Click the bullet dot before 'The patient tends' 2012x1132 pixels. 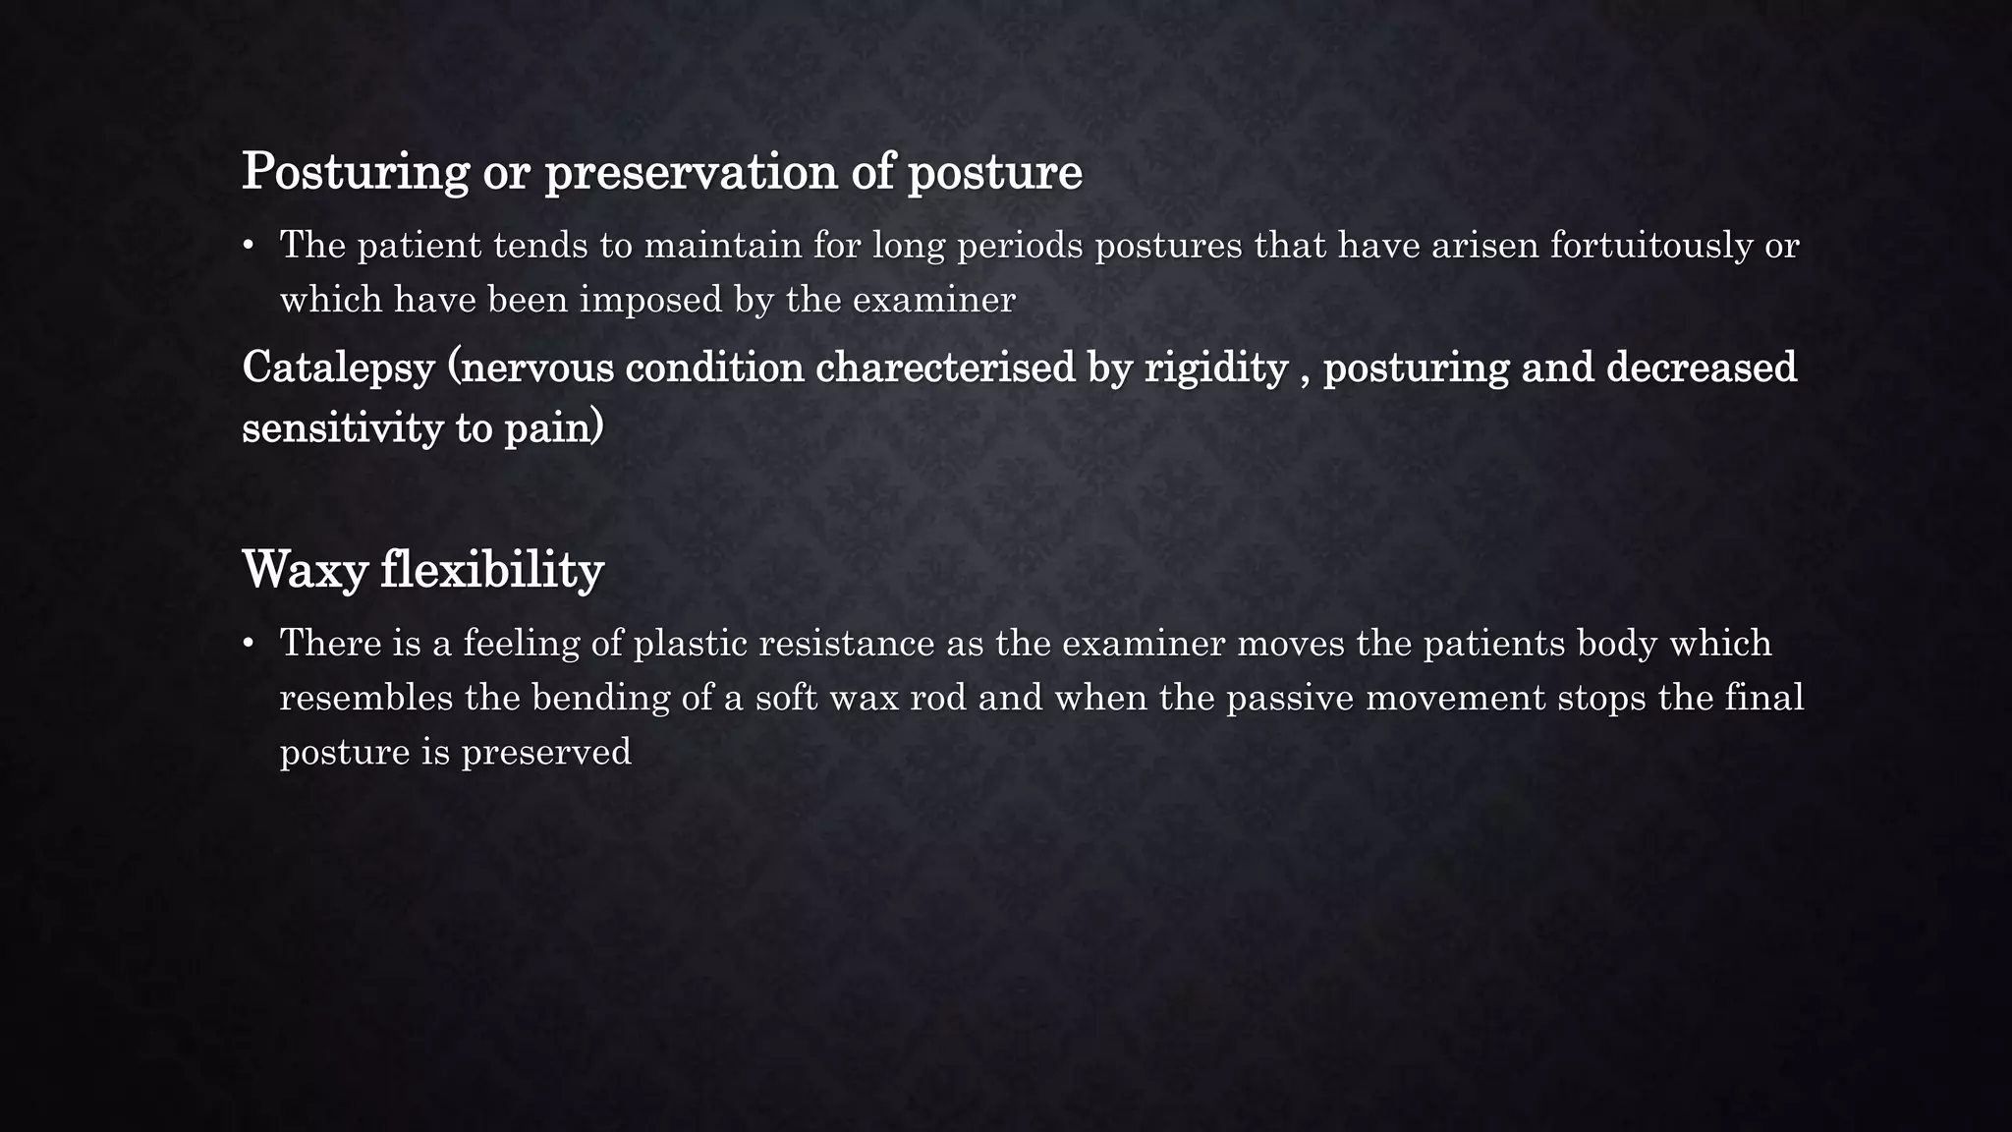(249, 246)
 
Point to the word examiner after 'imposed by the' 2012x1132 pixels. (933, 300)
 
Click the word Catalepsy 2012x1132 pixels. (338, 368)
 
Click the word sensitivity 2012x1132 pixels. (341, 428)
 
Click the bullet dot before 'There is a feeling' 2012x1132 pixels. (249, 644)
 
